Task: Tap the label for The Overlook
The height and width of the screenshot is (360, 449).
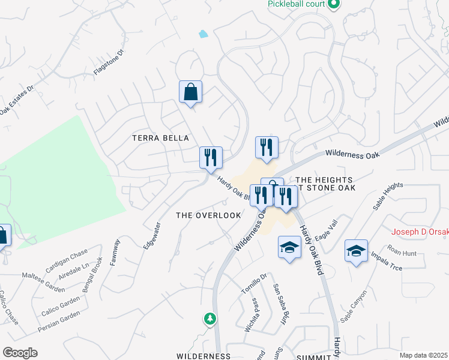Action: click(x=208, y=215)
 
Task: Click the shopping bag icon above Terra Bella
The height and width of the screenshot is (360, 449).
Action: click(x=190, y=92)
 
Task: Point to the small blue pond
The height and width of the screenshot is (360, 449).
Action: click(x=203, y=34)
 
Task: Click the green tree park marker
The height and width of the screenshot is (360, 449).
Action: click(x=209, y=319)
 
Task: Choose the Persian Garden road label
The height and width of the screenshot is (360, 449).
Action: click(x=58, y=323)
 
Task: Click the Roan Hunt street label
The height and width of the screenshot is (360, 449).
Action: click(x=402, y=253)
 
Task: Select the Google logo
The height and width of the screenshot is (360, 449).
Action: click(x=20, y=353)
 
